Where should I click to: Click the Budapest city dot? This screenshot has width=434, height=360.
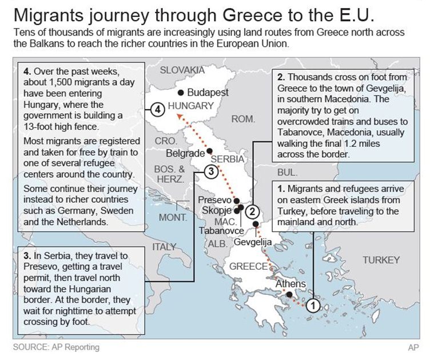pyautogui.click(x=181, y=92)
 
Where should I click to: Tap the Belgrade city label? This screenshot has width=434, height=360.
pyautogui.click(x=185, y=153)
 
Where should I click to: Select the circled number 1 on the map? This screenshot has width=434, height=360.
pyautogui.click(x=312, y=305)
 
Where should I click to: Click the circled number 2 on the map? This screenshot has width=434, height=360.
pyautogui.click(x=254, y=210)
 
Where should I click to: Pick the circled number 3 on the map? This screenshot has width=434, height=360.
pyautogui.click(x=210, y=171)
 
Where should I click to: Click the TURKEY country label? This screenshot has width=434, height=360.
pyautogui.click(x=381, y=260)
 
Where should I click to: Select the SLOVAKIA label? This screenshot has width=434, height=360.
pyautogui.click(x=182, y=70)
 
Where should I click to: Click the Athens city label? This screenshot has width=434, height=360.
pyautogui.click(x=290, y=284)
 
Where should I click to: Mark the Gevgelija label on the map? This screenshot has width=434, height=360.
pyautogui.click(x=252, y=242)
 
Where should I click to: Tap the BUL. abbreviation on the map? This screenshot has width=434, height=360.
pyautogui.click(x=286, y=172)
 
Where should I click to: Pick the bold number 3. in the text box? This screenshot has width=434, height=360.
pyautogui.click(x=27, y=255)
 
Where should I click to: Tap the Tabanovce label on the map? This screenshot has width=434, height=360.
pyautogui.click(x=222, y=231)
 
